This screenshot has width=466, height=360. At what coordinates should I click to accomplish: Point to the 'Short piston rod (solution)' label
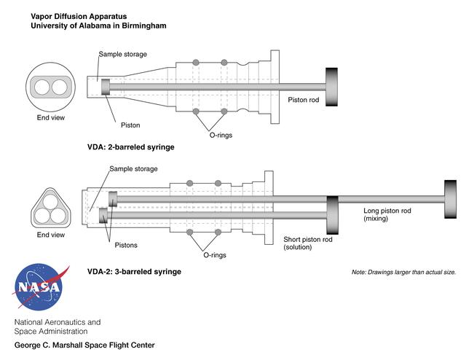(308, 243)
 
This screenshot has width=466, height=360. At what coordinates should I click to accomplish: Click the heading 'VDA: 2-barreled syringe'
(130, 147)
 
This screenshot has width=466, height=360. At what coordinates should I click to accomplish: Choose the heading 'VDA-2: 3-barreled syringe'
(134, 272)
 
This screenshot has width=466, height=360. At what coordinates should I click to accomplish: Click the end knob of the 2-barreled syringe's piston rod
(333, 86)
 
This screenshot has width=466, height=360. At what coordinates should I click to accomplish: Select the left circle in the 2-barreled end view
(42, 87)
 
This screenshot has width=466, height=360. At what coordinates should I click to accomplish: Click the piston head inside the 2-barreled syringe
(106, 86)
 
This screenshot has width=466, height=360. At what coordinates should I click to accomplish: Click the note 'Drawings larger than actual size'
(403, 273)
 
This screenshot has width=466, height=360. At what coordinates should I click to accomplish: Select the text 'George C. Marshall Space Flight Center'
(84, 345)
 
